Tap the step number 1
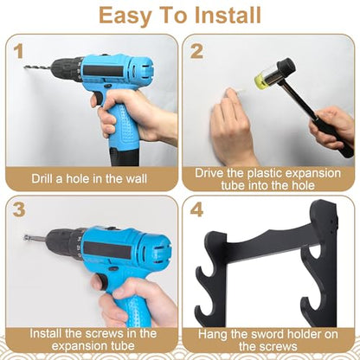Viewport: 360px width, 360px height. click(18, 52)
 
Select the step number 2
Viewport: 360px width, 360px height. click(196, 52)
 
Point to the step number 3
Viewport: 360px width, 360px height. click(19, 209)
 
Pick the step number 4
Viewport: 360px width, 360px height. click(196, 209)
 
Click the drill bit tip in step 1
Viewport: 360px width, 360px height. click(25, 67)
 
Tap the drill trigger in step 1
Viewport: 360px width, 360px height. click(98, 99)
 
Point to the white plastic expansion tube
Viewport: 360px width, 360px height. click(238, 91)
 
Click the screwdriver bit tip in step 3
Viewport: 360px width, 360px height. click(26, 238)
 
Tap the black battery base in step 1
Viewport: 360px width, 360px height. click(125, 157)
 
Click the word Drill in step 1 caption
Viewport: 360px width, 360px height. click(42, 178)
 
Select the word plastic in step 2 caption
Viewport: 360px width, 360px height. click(267, 173)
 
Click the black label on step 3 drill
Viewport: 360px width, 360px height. click(107, 250)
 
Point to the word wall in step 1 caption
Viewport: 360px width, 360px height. click(137, 178)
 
